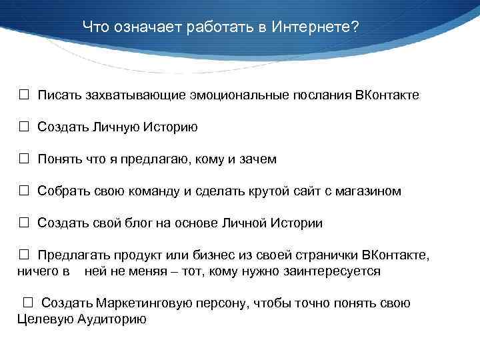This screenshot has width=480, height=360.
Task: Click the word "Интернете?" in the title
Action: pyautogui.click(x=317, y=27)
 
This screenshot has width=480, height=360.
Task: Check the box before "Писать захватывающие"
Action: pyautogui.click(x=23, y=95)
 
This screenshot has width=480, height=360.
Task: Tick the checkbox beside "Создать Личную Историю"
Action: pyautogui.click(x=23, y=127)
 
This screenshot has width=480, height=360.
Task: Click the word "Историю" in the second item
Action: pyautogui.click(x=174, y=127)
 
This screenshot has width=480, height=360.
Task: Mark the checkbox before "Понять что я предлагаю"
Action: pyautogui.click(x=23, y=159)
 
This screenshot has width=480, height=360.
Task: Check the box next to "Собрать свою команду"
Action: pyautogui.click(x=23, y=191)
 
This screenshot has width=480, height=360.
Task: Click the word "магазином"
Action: pyautogui.click(x=369, y=191)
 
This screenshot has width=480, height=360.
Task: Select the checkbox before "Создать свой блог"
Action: pyautogui.click(x=23, y=223)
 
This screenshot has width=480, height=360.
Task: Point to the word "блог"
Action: pyautogui.click(x=142, y=223)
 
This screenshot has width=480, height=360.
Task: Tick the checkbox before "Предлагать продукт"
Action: pyautogui.click(x=23, y=255)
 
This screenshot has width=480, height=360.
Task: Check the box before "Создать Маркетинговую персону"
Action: pyautogui.click(x=27, y=303)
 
